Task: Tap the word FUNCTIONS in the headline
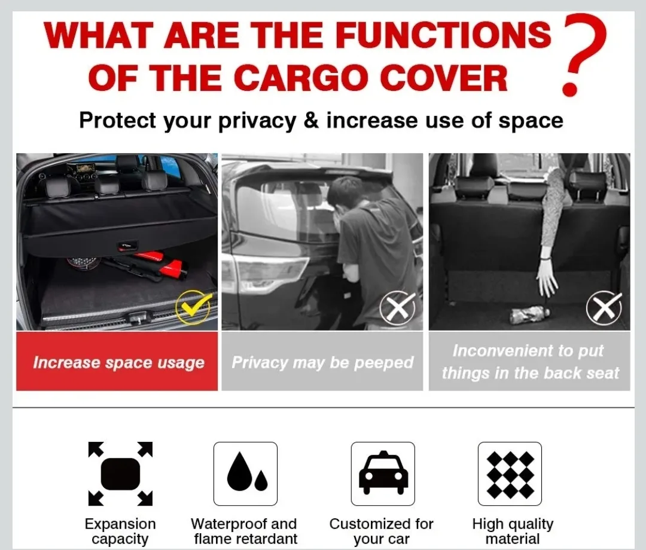[443, 35]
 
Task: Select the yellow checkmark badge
[193, 308]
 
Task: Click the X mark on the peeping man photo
[397, 309]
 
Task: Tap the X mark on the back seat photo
[604, 308]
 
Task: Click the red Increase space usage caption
[118, 362]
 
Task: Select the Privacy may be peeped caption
[322, 362]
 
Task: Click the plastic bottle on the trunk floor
[529, 314]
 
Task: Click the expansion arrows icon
[120, 474]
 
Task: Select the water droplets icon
[245, 474]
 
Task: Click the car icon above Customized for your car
[383, 474]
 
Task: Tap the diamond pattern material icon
[510, 474]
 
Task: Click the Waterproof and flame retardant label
[244, 531]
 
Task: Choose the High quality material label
[513, 531]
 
